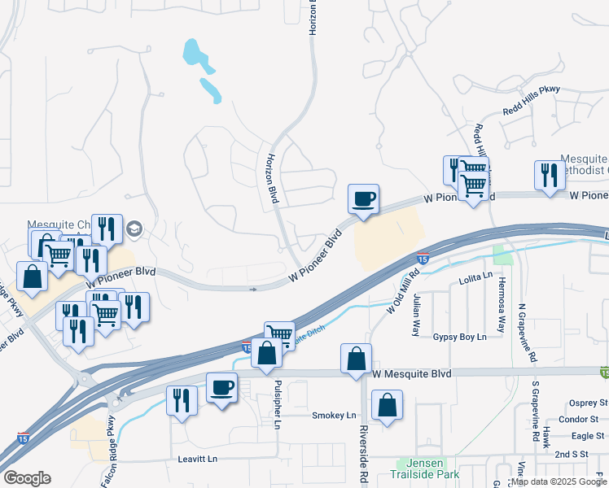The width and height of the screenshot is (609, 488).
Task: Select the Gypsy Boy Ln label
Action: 459,337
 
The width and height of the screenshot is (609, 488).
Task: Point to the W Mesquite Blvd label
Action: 411,374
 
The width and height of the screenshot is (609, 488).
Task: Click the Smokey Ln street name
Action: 334,415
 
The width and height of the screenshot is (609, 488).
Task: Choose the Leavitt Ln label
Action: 198,460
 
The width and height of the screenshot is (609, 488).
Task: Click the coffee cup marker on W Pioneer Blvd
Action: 363,198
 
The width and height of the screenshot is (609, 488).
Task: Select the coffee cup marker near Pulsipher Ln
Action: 221,387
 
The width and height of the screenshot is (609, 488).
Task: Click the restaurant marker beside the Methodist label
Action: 550,176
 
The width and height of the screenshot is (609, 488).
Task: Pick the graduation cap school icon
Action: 134,230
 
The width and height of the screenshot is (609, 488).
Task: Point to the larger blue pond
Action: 194,53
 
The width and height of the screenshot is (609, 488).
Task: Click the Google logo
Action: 27,478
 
